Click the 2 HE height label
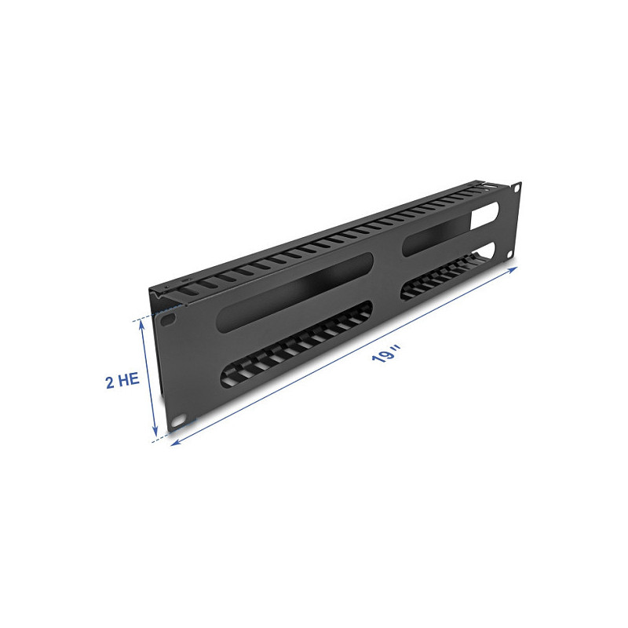[x=122, y=380]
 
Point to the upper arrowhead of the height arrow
[x=141, y=323]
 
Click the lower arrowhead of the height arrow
[x=156, y=433]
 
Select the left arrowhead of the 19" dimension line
[x=175, y=443]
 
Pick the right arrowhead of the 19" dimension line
[x=513, y=269]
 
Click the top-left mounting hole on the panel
[x=169, y=319]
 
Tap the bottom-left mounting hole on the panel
[x=178, y=420]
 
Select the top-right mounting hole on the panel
[x=517, y=188]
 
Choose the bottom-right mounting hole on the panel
[x=510, y=254]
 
